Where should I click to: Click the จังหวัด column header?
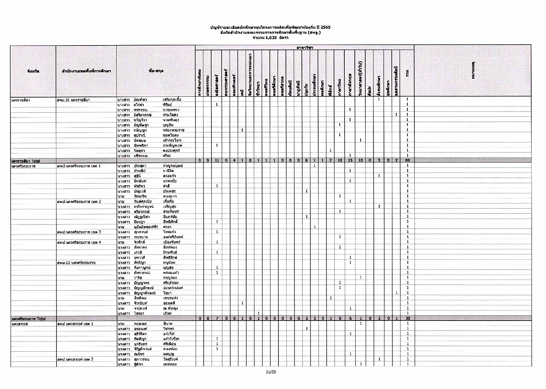click(33, 71)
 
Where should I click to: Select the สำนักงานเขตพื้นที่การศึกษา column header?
click(86, 71)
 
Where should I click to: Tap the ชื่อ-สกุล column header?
click(156, 71)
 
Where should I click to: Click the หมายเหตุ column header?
click(473, 71)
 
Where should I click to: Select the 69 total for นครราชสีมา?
click(407, 161)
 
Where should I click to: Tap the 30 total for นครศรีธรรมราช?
click(407, 319)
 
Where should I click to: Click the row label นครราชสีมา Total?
click(26, 161)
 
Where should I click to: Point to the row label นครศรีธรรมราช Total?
click(28, 319)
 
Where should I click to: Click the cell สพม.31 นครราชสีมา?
click(74, 100)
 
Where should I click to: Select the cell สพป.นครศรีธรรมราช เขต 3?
click(79, 232)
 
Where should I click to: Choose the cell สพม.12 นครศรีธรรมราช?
click(76, 263)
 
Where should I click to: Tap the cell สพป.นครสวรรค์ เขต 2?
click(75, 359)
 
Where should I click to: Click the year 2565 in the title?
click(326, 27)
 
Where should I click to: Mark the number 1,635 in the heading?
click(271, 38)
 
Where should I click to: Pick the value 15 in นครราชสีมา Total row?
click(350, 161)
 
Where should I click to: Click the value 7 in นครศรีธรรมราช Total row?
click(217, 319)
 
